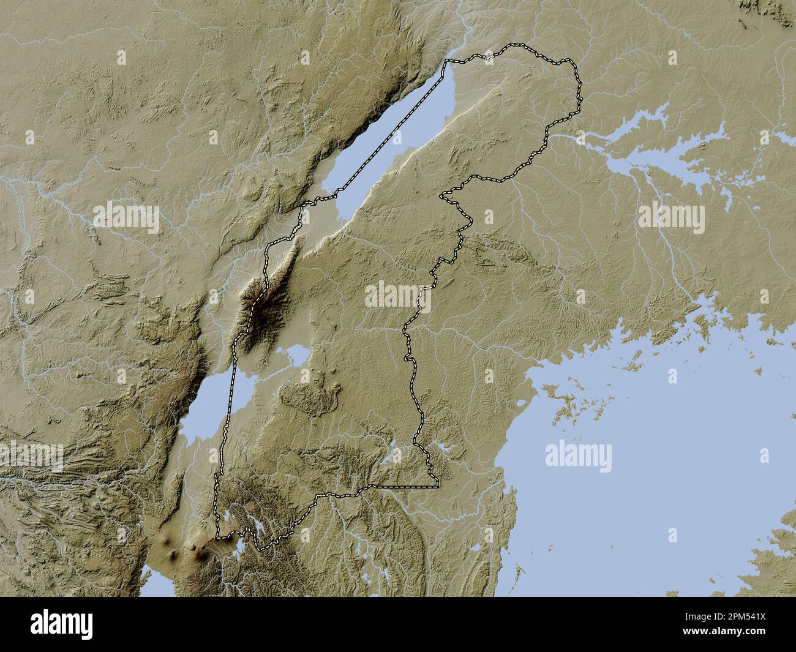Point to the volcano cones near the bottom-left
point(184,551)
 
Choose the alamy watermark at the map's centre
point(398,296)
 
